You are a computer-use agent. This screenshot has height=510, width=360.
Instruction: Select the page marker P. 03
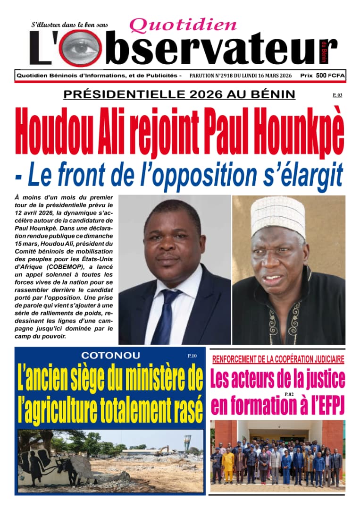pos(337,95)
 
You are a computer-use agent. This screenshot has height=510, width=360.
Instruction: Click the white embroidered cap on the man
pos(277,215)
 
